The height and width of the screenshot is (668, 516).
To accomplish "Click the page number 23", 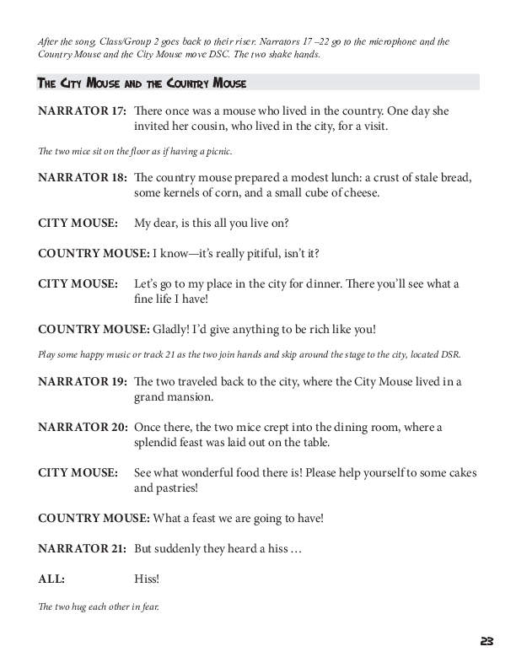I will tap(486, 641).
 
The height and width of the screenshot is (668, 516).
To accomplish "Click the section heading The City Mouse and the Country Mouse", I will tap(142, 83).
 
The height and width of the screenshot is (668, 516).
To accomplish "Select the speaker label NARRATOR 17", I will tap(82, 111).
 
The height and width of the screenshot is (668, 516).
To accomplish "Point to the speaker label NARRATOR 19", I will tap(82, 381).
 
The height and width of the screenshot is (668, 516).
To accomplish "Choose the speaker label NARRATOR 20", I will tap(82, 428).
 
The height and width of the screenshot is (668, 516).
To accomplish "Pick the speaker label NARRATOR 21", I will tap(82, 549).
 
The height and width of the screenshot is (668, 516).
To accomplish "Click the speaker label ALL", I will tap(51, 579).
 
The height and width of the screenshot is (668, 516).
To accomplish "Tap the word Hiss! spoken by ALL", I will tap(148, 579).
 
